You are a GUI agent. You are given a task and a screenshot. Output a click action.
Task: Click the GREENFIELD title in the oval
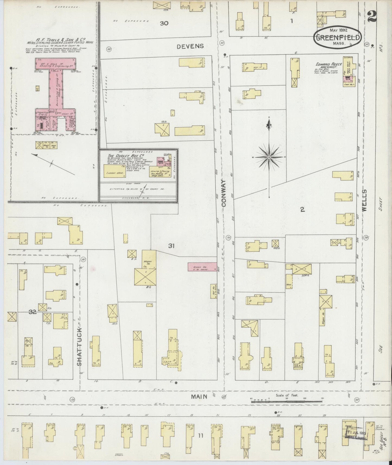[x=338, y=37]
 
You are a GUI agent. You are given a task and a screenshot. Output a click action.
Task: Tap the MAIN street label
[x=199, y=397]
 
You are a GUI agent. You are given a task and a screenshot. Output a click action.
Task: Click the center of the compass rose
[x=269, y=157]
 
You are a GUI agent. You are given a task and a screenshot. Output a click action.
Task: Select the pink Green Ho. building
[x=202, y=266]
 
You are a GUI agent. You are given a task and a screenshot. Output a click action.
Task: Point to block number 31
[x=171, y=246]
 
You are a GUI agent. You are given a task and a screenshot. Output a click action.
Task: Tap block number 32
[x=33, y=312]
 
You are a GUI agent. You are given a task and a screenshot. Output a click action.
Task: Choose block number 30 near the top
[x=164, y=23]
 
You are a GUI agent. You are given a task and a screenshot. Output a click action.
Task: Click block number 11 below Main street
[x=200, y=436]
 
